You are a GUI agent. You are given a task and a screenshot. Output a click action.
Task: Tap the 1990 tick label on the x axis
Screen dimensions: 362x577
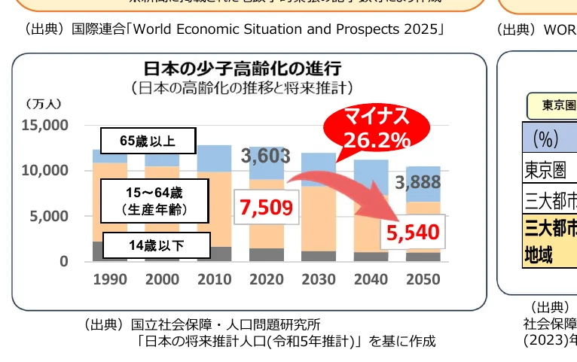click(110, 280)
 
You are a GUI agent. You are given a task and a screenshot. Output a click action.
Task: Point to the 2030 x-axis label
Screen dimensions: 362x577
click(319, 280)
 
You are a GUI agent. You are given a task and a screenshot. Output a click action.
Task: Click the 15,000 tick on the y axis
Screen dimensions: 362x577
click(46, 125)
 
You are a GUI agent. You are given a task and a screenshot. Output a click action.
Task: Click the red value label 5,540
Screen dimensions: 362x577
click(414, 233)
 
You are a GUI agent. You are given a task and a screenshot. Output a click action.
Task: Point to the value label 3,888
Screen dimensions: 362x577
click(418, 182)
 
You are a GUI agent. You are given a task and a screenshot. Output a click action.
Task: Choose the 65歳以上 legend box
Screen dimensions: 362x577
click(148, 141)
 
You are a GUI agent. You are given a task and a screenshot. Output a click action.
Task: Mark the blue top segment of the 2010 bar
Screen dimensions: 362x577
click(215, 158)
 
